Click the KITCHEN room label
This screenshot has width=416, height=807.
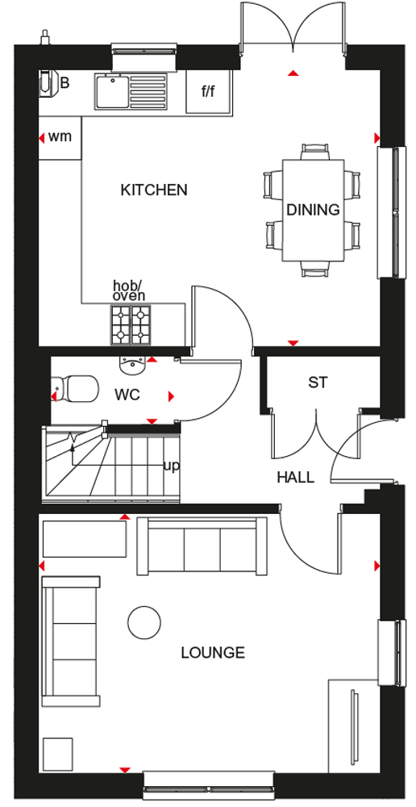(154, 190)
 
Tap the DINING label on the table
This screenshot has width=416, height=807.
(313, 210)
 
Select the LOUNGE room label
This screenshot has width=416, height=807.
(212, 653)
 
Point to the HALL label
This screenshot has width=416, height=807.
(296, 477)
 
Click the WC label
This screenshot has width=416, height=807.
(127, 395)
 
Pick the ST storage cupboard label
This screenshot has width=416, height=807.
(318, 383)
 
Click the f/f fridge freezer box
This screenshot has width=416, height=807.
(208, 91)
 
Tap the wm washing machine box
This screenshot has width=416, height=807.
(60, 137)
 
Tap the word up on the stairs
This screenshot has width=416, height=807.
(171, 466)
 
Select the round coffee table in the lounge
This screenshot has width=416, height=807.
(144, 622)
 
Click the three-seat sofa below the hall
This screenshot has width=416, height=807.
(202, 546)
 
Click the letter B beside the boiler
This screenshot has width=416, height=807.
(64, 83)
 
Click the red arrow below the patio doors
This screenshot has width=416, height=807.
(293, 73)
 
